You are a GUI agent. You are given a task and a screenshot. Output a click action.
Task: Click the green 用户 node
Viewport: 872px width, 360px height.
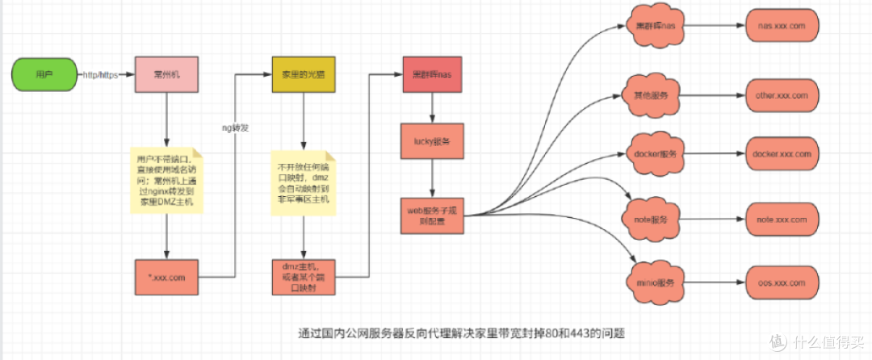coord(44,74)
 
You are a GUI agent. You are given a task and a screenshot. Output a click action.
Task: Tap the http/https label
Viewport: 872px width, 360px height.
coord(101,75)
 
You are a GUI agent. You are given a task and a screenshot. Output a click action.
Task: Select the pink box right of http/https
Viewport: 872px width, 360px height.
coord(166,74)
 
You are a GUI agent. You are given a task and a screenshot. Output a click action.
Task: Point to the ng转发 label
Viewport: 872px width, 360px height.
coord(236,127)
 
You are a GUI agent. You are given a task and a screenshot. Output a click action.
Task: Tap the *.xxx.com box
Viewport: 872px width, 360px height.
coord(166,278)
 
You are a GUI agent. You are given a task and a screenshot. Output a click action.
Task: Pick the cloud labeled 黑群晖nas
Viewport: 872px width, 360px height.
coord(656,27)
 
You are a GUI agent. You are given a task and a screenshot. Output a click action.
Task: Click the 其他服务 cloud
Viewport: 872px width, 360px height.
coord(654,95)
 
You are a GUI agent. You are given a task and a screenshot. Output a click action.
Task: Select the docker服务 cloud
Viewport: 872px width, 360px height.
coord(656,153)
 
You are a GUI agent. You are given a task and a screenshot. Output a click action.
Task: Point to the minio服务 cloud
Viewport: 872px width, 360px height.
coord(654,283)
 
